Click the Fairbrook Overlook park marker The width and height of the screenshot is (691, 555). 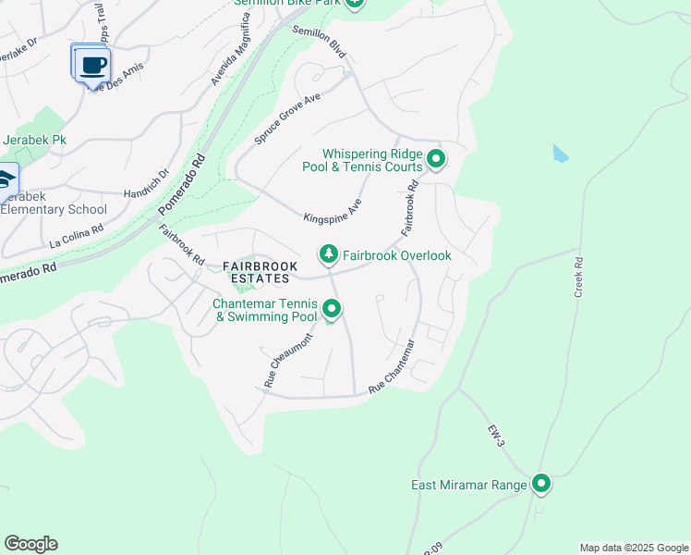point(328,253)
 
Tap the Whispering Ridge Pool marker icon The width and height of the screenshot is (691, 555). point(436,161)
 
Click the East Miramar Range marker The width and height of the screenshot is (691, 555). point(541,484)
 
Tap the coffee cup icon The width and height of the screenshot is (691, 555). point(91,65)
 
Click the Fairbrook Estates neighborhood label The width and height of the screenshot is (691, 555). point(261,272)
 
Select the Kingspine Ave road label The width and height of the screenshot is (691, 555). point(333,211)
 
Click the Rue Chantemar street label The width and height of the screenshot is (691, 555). point(392,368)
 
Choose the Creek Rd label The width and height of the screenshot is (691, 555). point(579,277)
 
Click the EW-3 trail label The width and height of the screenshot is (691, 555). point(497,436)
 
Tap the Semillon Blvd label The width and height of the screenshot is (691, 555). point(319,43)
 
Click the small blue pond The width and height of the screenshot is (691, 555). point(560,154)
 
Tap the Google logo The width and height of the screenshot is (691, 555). point(30,544)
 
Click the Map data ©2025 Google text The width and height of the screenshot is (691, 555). point(633,548)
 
